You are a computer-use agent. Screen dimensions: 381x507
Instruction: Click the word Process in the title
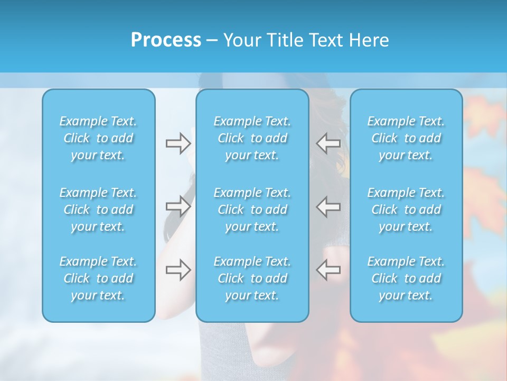(x=166, y=40)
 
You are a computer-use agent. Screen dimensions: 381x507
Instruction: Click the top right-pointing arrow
(x=178, y=143)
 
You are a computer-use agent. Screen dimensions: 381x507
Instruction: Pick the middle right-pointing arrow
(x=178, y=206)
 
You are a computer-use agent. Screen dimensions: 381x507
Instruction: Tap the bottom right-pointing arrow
(x=178, y=270)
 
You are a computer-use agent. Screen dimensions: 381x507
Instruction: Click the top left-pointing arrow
(x=328, y=143)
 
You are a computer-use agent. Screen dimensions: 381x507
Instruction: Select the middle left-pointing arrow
(x=328, y=206)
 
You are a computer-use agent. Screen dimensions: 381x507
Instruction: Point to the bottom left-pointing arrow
(x=328, y=270)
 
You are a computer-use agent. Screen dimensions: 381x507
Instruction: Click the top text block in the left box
(x=98, y=138)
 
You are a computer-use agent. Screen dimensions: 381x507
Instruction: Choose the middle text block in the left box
(x=98, y=210)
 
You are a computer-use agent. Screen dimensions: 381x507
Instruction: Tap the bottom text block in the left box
(x=98, y=278)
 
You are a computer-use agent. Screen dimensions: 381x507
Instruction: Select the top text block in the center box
(x=252, y=138)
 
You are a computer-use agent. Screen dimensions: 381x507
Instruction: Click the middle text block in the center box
(x=252, y=210)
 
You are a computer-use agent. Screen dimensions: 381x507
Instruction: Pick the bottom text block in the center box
(x=252, y=278)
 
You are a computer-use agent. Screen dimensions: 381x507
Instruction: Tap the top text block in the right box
(x=406, y=138)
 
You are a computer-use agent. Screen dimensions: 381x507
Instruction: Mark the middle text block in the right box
(x=406, y=210)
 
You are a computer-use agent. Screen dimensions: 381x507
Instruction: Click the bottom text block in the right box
(x=406, y=278)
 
